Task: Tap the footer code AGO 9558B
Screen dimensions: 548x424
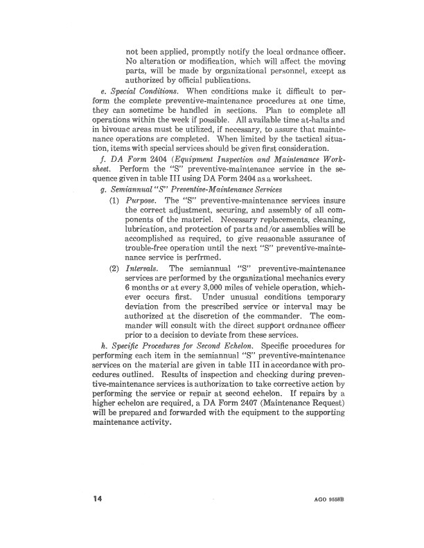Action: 327,498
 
